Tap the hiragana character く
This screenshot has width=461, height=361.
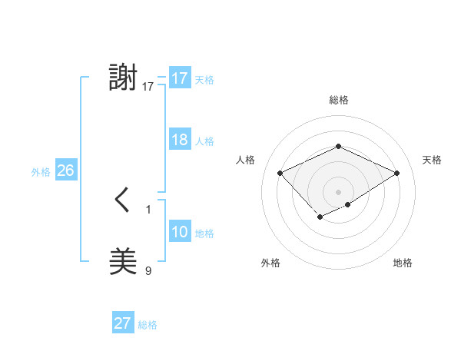123,200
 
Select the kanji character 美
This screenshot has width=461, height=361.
124,262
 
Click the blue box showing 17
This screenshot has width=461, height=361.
180,78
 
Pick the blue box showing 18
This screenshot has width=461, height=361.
180,140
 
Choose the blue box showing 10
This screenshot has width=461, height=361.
180,232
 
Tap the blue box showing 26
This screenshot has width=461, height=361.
65,171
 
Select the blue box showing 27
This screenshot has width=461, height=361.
123,323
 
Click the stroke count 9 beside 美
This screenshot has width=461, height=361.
148,270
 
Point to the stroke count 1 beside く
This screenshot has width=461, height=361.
148,209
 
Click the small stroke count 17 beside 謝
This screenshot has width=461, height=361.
148,86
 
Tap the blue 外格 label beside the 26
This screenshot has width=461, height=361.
41,172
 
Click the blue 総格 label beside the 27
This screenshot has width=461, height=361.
148,325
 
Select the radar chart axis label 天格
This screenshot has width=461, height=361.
432,160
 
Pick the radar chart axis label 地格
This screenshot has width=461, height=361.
403,263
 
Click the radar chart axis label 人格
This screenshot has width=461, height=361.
245,160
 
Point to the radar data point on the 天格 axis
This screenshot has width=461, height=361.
396,173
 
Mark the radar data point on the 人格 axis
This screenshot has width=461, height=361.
280,173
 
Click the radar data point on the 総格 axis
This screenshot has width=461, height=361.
338,146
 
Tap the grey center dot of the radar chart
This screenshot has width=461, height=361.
338,192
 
